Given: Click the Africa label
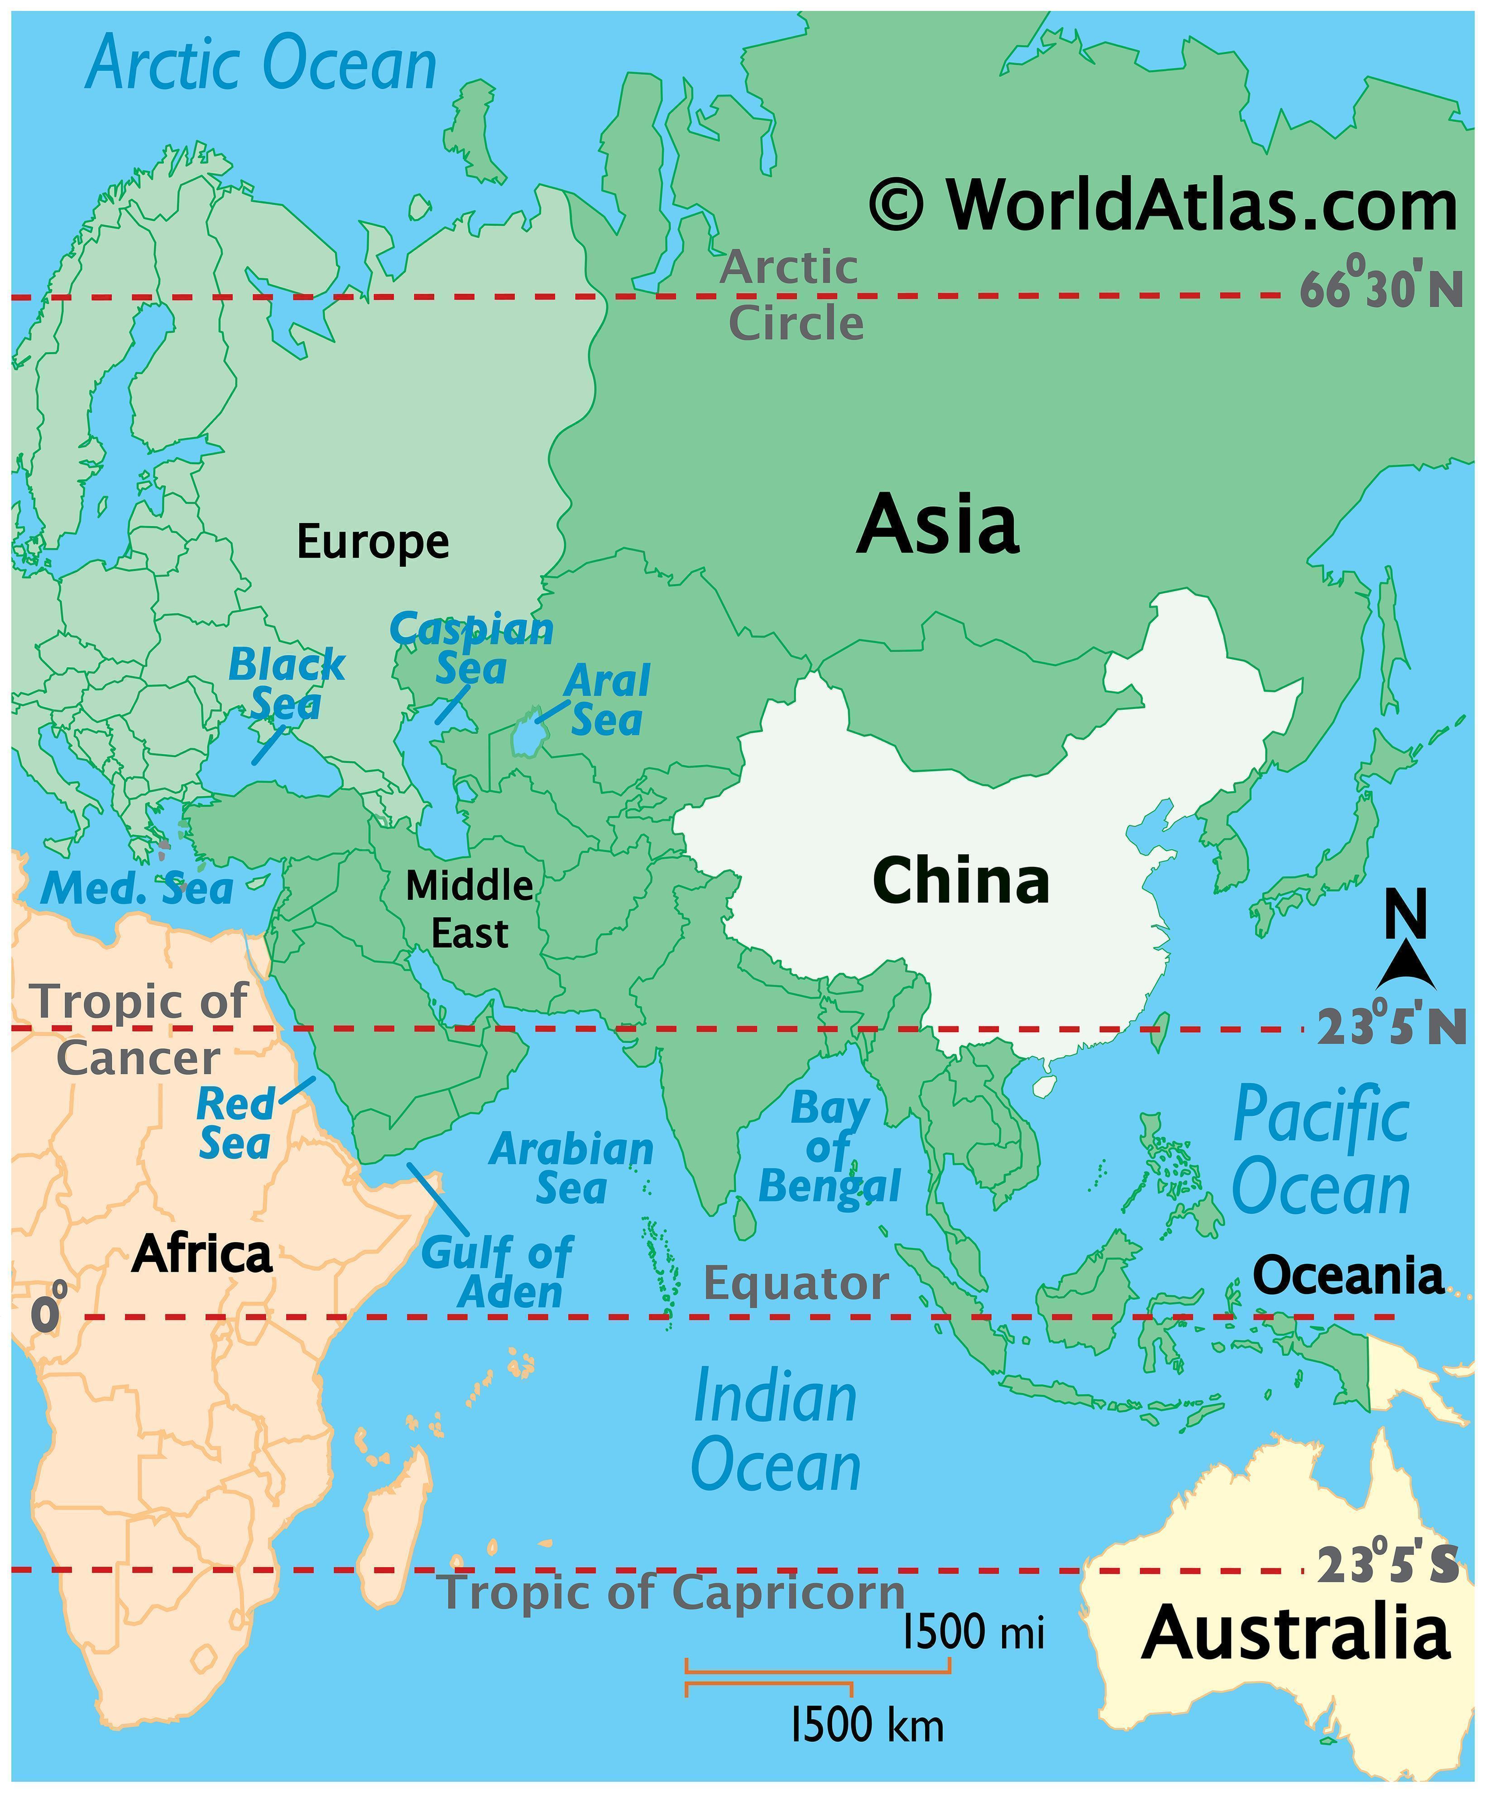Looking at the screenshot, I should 202,1254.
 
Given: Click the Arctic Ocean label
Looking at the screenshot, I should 261,63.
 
